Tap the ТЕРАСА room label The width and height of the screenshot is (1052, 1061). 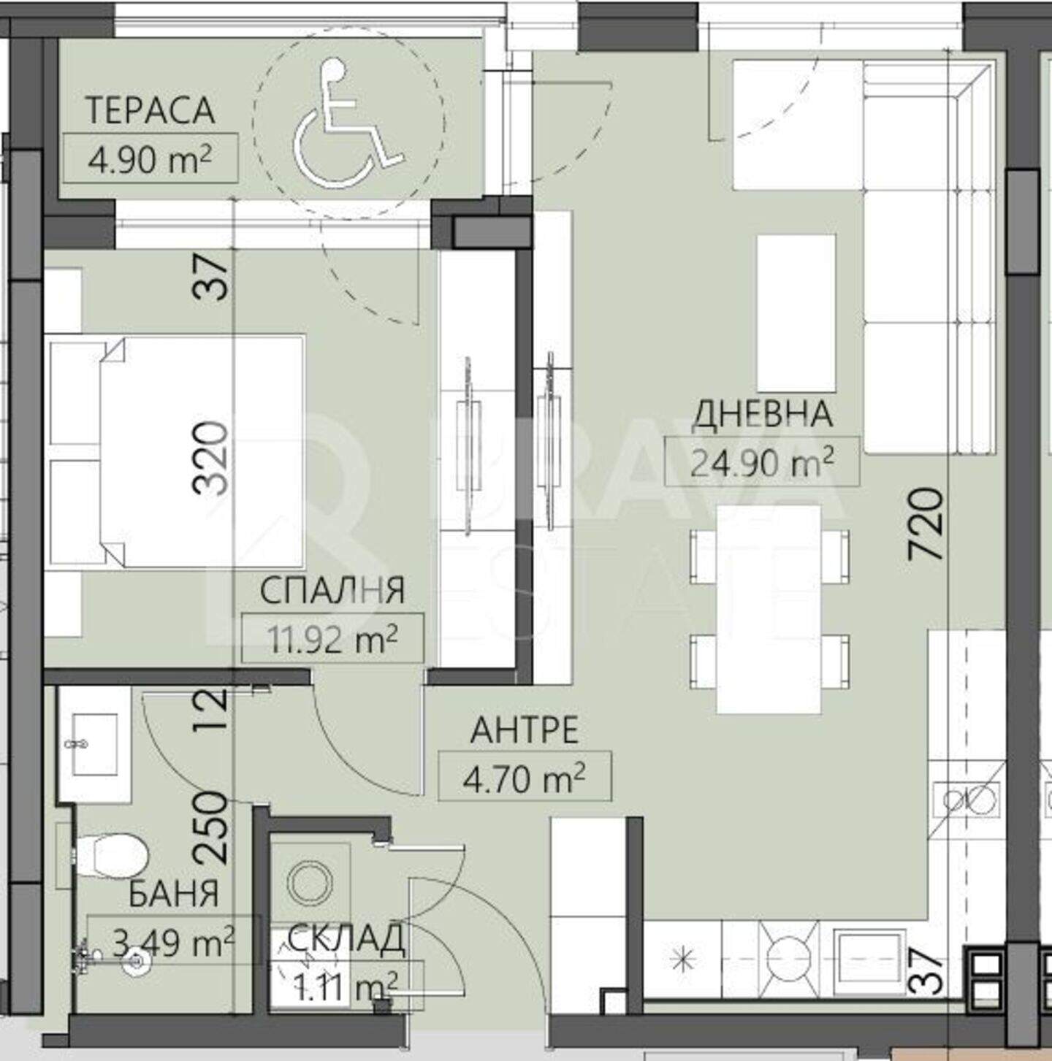point(150,110)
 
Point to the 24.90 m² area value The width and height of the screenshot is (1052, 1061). point(761,462)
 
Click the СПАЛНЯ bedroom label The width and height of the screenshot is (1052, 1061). point(332,590)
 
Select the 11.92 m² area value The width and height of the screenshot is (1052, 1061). point(332,638)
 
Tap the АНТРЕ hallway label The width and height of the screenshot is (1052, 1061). point(525,731)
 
